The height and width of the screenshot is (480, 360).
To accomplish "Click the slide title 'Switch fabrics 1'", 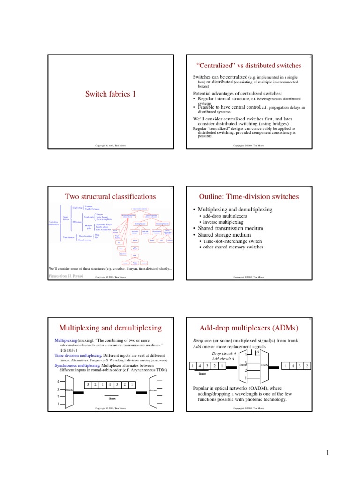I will (110, 94).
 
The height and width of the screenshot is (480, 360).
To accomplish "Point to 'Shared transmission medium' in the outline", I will (230, 228).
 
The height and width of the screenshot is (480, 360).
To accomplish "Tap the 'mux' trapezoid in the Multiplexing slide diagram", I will (68, 390).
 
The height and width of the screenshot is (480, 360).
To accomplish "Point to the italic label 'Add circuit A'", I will (224, 359).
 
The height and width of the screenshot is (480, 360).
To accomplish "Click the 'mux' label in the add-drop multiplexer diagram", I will (264, 364).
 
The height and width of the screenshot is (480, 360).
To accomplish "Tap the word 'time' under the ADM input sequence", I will (202, 374).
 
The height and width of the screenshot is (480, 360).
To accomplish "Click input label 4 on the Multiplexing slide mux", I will (58, 381).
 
